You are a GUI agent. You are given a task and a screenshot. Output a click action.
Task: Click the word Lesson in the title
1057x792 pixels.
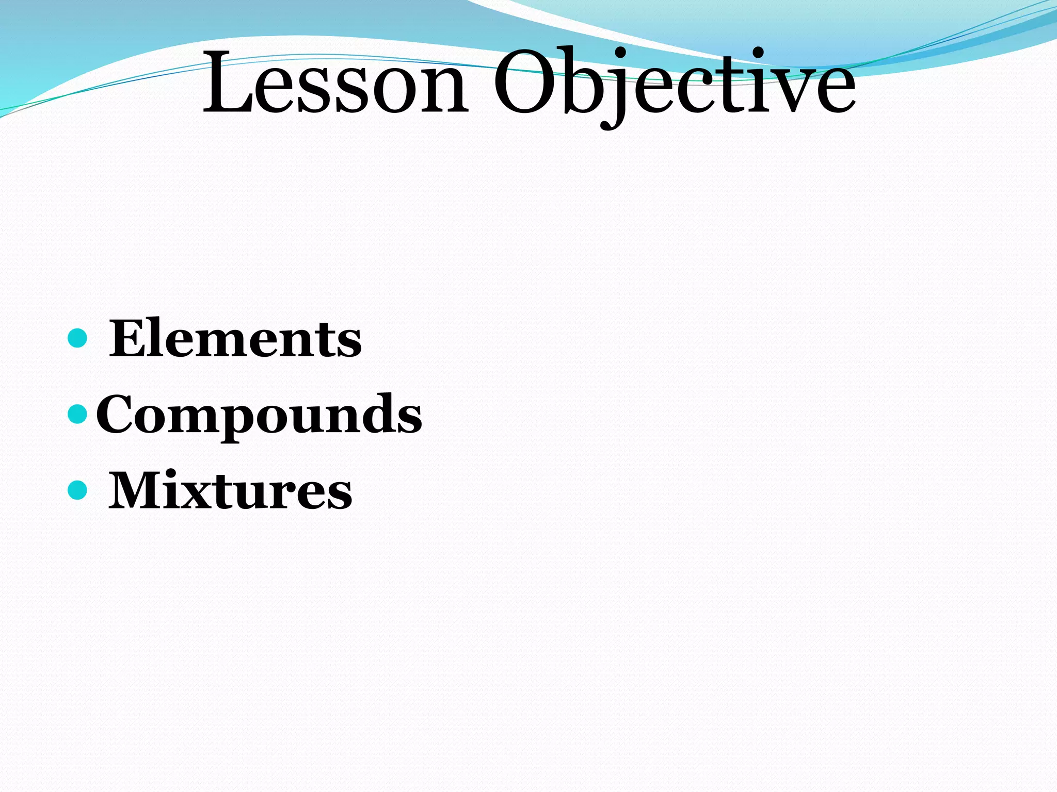tap(335, 82)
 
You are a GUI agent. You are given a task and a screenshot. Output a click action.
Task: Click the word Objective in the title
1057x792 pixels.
tap(674, 82)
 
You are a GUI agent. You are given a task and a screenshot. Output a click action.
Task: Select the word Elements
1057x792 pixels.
tap(235, 339)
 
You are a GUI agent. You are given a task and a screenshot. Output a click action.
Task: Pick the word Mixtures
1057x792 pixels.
tap(230, 491)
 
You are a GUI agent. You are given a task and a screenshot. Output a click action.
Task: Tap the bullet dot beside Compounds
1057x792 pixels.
tap(77, 414)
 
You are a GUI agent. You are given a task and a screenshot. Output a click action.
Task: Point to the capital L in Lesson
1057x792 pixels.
tap(227, 82)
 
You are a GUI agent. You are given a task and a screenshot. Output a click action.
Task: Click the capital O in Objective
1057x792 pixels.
tap(526, 82)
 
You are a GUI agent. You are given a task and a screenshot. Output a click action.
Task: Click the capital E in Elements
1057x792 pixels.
tap(129, 339)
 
